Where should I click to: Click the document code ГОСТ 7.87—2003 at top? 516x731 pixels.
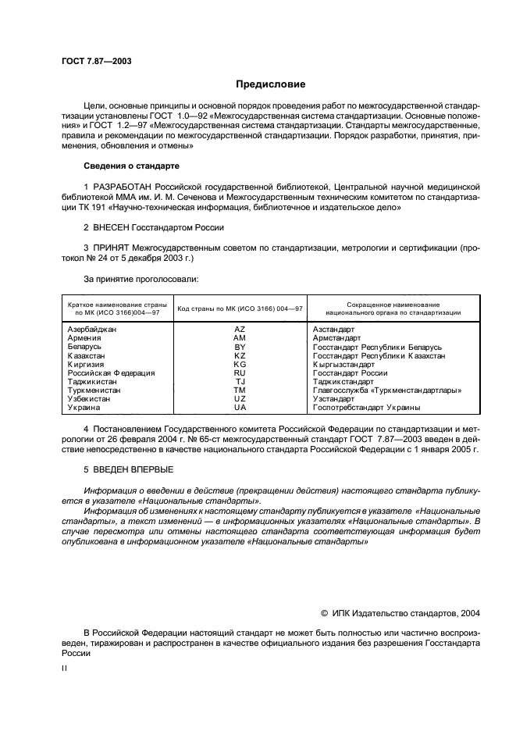tap(98, 61)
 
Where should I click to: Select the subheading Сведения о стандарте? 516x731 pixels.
tap(132, 166)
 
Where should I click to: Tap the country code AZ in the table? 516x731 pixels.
tap(240, 330)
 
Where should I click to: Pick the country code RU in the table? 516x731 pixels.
tap(240, 373)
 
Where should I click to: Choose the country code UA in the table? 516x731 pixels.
tap(240, 407)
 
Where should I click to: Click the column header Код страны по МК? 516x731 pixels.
tap(240, 308)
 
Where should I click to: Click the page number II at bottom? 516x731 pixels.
tap(65, 668)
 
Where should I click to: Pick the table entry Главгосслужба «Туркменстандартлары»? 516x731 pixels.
tap(387, 390)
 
